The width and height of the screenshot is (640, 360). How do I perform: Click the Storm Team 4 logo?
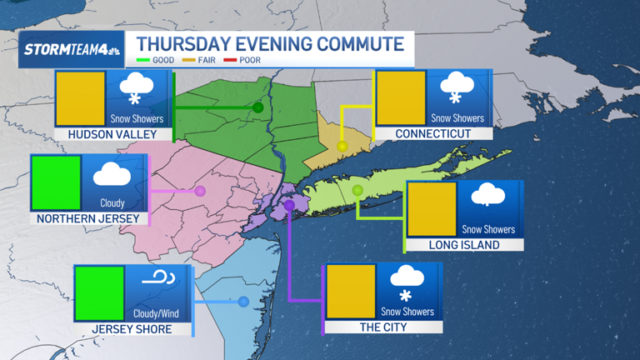(x=72, y=50)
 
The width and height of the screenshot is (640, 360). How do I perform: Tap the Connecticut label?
(x=432, y=133)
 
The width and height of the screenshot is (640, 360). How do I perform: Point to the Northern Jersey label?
(x=88, y=219)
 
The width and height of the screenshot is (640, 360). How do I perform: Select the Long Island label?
(x=464, y=245)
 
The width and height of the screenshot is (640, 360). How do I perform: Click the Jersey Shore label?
(x=133, y=329)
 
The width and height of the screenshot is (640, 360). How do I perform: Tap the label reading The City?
(x=382, y=327)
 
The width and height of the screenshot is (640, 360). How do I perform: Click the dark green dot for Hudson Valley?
(x=258, y=107)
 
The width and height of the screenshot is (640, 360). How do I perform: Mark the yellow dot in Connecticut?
(x=342, y=147)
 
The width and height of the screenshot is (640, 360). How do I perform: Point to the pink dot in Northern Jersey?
(x=200, y=192)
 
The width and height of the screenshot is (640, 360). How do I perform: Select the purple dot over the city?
(x=289, y=205)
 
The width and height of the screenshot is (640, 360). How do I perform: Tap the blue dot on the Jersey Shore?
(x=243, y=302)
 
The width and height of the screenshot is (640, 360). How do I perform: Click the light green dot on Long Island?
(x=357, y=191)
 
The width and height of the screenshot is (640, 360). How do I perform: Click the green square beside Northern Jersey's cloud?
(x=56, y=183)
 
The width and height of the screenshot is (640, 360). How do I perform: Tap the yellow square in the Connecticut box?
(x=401, y=98)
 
